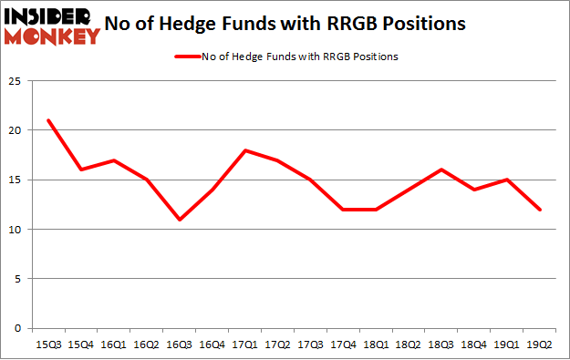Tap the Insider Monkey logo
pos(53,26)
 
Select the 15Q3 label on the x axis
pos(47,345)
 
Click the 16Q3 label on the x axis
pos(180,345)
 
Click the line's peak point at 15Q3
pos(47,120)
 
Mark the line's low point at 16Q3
pos(180,220)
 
